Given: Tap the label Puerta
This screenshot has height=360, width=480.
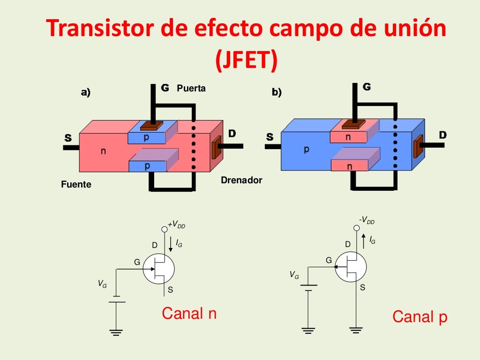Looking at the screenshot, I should [x=191, y=88].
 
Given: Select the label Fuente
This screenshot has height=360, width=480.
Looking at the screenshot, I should [x=76, y=185].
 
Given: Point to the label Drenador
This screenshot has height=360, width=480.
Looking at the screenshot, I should [x=241, y=180].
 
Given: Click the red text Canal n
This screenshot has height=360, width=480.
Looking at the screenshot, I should [x=189, y=313].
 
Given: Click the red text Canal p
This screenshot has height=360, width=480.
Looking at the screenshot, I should [x=420, y=317].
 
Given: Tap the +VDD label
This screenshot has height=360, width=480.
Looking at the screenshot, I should [x=176, y=225].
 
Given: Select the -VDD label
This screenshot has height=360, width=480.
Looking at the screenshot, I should [x=367, y=221].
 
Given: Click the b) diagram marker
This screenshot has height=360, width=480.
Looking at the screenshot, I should [x=277, y=92].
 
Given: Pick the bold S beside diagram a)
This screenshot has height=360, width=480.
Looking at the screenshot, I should [x=68, y=138].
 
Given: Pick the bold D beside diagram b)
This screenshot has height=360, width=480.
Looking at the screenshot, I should [x=442, y=135].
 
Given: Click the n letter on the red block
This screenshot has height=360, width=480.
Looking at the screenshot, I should [x=103, y=151].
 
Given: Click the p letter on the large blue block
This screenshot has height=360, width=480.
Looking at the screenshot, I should [x=306, y=149].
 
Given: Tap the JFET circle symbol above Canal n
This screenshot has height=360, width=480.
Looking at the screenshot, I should [x=158, y=270].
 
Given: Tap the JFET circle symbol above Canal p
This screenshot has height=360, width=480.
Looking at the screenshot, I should [x=350, y=267].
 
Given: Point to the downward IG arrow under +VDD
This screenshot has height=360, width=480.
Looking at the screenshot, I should [x=171, y=244].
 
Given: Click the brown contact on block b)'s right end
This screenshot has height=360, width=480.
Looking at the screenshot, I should [x=417, y=146].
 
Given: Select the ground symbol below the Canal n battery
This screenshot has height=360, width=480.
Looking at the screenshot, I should [x=116, y=332].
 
